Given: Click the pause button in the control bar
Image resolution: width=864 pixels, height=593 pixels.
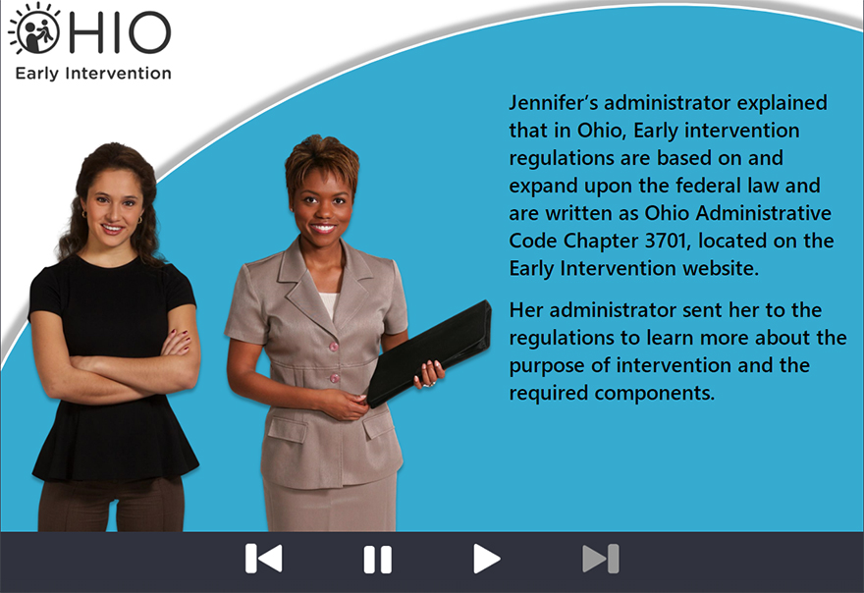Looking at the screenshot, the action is [377, 560].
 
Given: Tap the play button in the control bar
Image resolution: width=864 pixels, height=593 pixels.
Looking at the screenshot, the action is [487, 559].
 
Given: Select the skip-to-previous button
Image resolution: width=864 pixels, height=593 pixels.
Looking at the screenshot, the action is [264, 559].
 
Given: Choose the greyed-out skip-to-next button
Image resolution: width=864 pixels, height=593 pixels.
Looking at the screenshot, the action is [601, 559].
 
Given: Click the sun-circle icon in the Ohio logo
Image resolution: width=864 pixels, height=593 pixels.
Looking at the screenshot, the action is [34, 29].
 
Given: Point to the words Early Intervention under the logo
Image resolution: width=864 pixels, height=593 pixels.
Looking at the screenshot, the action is [93, 74].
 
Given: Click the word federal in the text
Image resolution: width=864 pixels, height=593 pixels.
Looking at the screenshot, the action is [709, 186].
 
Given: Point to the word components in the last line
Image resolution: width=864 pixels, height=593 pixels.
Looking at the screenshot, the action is [655, 394].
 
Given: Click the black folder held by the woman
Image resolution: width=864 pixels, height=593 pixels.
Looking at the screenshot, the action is [429, 353].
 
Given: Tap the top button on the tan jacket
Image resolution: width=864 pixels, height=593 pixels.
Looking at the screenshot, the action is [333, 347].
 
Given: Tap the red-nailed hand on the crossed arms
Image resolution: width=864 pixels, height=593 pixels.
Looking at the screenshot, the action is [178, 342].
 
